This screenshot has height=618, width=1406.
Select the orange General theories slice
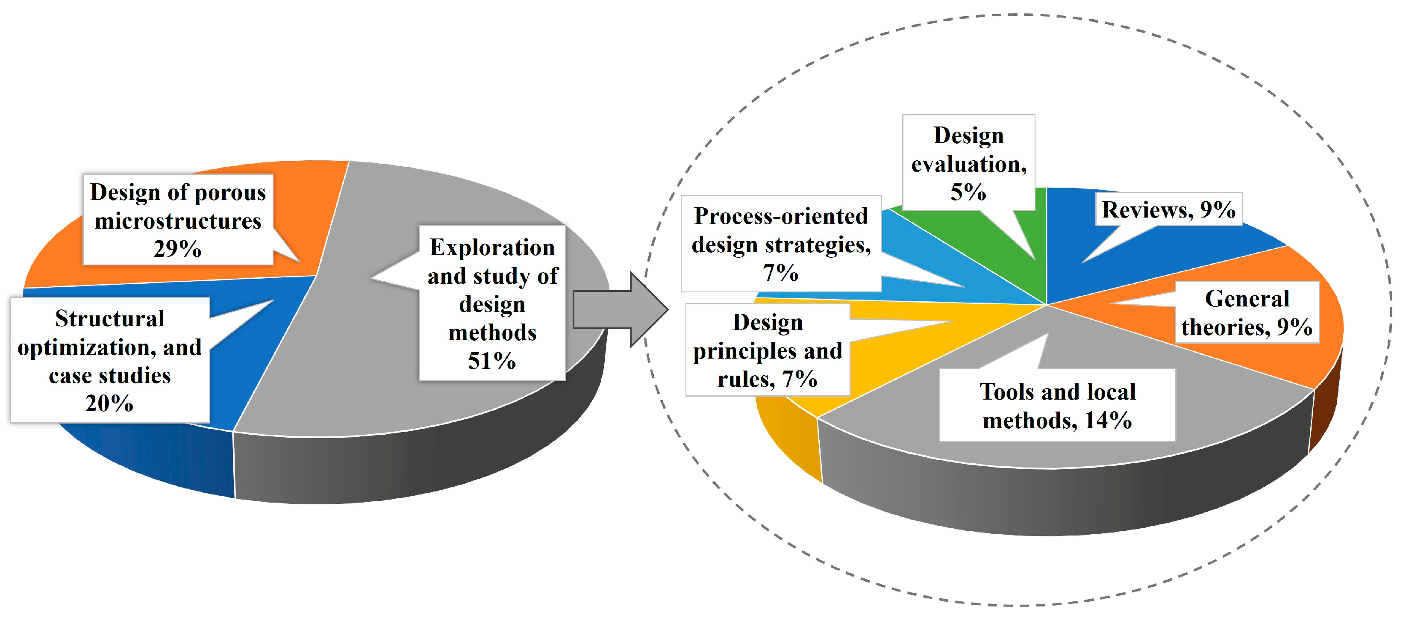pyautogui.click(x=1310, y=360)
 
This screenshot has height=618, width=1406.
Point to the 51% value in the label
pyautogui.click(x=492, y=361)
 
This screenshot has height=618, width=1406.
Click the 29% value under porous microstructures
pyautogui.click(x=177, y=249)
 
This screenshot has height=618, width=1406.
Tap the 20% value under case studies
pyautogui.click(x=109, y=403)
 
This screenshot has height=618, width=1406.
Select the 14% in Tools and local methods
pyautogui.click(x=1108, y=421)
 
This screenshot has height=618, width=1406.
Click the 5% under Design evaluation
pyautogui.click(x=968, y=192)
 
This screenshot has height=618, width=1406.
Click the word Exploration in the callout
pyautogui.click(x=492, y=247)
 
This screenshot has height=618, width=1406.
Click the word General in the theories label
pyautogui.click(x=1247, y=299)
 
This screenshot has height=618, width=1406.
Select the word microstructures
pyautogui.click(x=178, y=221)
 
